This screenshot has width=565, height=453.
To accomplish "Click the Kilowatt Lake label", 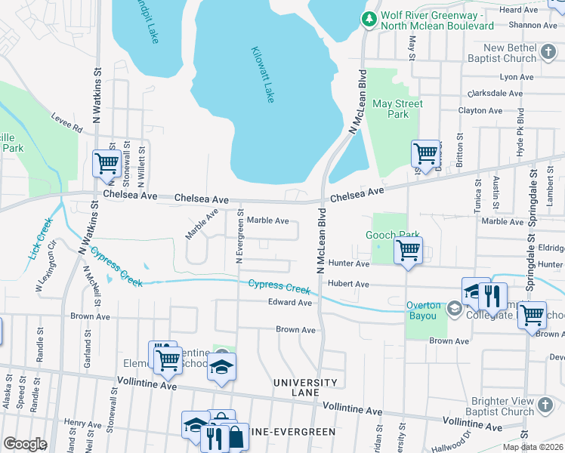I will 262,75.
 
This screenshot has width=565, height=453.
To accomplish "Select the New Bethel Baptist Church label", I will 510,53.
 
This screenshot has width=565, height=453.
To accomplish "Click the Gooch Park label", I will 391,236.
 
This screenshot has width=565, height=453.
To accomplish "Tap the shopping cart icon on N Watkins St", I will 107,162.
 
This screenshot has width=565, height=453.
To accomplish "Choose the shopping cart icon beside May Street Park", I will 426,153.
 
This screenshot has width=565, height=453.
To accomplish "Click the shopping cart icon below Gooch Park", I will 408,250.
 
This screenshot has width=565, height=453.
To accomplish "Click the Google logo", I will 25,444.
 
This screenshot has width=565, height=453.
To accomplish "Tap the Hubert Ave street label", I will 347,284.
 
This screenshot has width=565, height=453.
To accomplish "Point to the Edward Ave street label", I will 290,303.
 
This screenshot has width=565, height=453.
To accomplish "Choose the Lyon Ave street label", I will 516,77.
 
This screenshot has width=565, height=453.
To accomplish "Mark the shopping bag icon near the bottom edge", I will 236,436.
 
